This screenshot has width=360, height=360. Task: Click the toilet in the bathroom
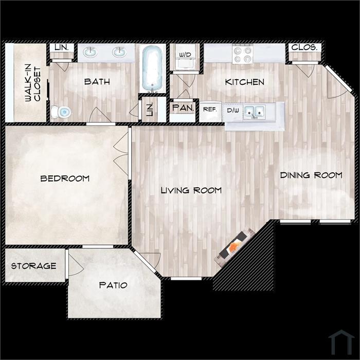point(61,112)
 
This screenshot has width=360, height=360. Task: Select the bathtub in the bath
point(152,69)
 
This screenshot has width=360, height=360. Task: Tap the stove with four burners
point(243,54)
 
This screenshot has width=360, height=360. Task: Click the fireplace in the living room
point(234,247)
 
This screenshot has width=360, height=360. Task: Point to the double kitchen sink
point(255,112)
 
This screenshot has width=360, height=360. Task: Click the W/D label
point(185,55)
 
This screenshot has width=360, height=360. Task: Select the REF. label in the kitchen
point(210,110)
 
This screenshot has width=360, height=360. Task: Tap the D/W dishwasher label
point(233,111)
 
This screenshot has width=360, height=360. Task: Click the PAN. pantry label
point(183,107)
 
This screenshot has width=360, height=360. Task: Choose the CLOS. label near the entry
point(304,47)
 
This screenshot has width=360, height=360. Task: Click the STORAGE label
point(34,266)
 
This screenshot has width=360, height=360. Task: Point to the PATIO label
point(113,285)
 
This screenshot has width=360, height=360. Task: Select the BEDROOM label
point(65,178)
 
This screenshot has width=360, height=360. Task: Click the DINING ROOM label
point(311,175)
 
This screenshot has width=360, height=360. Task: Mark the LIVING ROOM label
point(191,190)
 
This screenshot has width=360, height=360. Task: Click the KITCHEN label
point(244,82)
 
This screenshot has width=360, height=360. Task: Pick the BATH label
point(97,81)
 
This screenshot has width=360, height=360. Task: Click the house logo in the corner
point(341,343)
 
